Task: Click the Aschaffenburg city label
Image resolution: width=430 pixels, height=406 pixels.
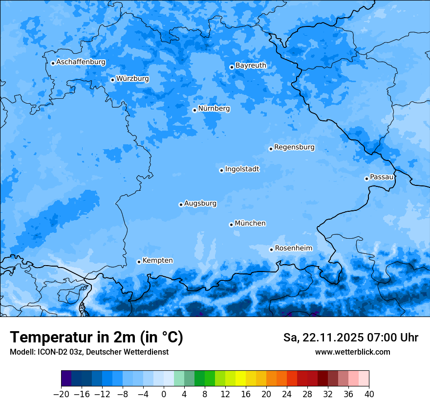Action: click(81, 62)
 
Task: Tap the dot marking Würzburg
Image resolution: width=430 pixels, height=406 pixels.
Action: click(112, 80)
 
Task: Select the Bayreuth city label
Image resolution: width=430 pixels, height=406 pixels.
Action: click(251, 66)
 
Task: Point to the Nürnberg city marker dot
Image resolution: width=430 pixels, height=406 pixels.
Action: click(194, 110)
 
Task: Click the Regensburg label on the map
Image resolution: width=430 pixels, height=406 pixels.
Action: click(294, 147)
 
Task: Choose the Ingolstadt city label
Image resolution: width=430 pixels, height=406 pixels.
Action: click(242, 169)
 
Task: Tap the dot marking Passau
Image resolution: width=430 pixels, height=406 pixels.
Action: click(366, 179)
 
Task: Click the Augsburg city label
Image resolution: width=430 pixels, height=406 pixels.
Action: click(200, 203)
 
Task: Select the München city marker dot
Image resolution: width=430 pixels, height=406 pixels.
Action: click(231, 225)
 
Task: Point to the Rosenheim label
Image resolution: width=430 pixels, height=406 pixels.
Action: click(293, 248)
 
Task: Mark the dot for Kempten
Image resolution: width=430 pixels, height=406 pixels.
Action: click(139, 262)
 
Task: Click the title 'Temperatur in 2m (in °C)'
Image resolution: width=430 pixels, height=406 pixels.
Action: click(96, 338)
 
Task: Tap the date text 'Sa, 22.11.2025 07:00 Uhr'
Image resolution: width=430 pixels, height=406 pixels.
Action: click(351, 338)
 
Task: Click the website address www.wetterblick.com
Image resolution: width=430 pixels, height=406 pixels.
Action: click(352, 352)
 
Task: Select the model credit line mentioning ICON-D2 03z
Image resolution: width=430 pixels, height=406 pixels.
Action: click(89, 352)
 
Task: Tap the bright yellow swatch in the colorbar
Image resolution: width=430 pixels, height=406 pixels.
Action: click(240, 379)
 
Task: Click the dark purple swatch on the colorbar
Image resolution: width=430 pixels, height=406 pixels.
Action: click(66, 379)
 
